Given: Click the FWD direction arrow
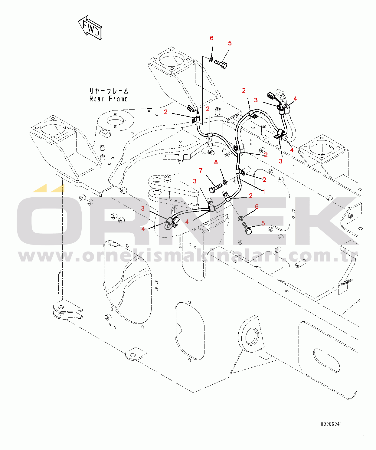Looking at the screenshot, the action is pyautogui.click(x=90, y=27).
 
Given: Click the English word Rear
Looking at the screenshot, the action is pyautogui.click(x=97, y=99).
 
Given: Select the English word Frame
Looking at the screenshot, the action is pyautogui.click(x=118, y=99).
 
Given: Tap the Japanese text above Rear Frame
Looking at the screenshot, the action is pyautogui.click(x=109, y=91).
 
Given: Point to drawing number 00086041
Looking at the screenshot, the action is pyautogui.click(x=332, y=424).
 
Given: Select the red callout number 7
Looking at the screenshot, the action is pyautogui.click(x=201, y=170).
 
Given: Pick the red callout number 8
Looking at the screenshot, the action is pyautogui.click(x=216, y=162).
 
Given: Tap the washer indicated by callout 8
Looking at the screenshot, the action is pyautogui.click(x=225, y=182).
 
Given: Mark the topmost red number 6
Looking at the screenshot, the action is pyautogui.click(x=211, y=38).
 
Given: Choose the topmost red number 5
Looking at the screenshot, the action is pyautogui.click(x=230, y=43).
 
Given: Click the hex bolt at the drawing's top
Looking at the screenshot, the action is pyautogui.click(x=221, y=64).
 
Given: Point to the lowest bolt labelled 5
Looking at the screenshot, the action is pyautogui.click(x=247, y=228).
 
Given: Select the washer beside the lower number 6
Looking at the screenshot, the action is pyautogui.click(x=240, y=219).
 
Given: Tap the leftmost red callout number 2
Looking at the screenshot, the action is pyautogui.click(x=165, y=112).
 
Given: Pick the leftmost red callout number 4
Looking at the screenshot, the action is pyautogui.click(x=143, y=229).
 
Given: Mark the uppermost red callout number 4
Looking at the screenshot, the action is pyautogui.click(x=295, y=99).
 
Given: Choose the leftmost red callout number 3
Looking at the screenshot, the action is pyautogui.click(x=143, y=209).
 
